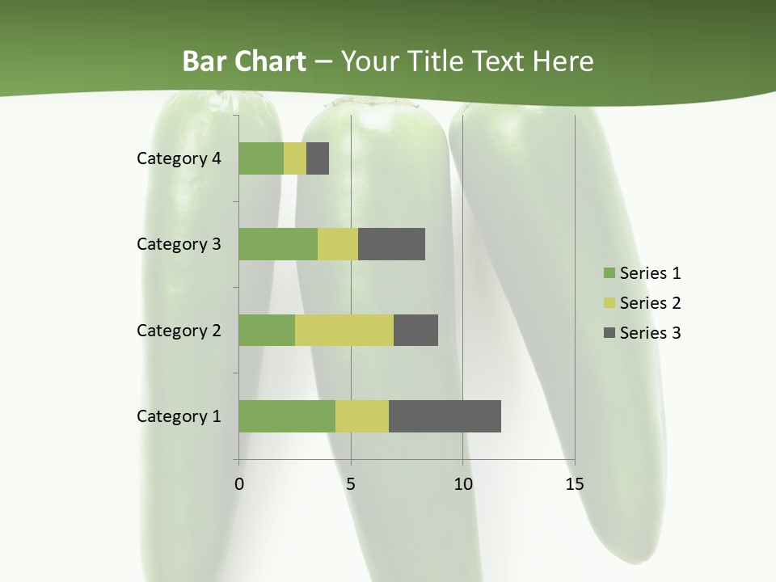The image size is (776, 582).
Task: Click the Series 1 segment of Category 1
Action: [x=287, y=416]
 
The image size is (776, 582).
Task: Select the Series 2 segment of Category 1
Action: [x=362, y=416]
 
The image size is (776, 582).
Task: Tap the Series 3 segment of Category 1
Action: [x=445, y=416]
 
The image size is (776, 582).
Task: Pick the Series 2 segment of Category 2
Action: [x=344, y=330]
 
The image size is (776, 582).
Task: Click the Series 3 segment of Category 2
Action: [x=415, y=330]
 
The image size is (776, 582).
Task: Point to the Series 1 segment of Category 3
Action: [x=278, y=244]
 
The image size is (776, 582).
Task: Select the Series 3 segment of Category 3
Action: [x=391, y=244]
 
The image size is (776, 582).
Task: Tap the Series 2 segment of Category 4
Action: [x=295, y=158]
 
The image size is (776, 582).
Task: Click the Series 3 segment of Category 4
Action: [x=318, y=158]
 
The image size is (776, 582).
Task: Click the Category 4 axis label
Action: [x=179, y=158]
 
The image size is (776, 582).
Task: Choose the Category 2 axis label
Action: [x=179, y=330]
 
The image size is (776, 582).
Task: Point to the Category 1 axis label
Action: [x=179, y=416]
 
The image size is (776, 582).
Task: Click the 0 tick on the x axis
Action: [x=239, y=484]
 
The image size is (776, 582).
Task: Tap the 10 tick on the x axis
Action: [x=462, y=484]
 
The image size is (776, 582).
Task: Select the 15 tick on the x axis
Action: [x=575, y=484]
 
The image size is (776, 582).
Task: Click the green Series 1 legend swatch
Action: [x=609, y=273]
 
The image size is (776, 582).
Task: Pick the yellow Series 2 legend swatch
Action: [x=609, y=303]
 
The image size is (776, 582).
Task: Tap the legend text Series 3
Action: [x=650, y=333]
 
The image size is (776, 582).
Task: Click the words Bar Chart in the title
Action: [x=244, y=61]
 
